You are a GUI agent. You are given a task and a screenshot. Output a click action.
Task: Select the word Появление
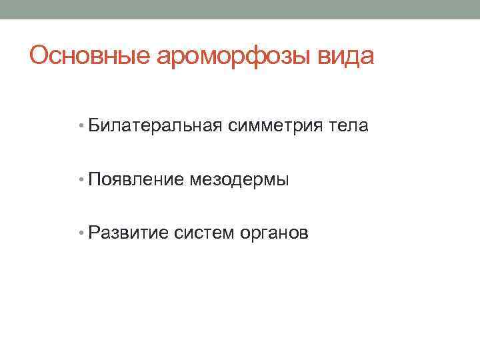[135, 179]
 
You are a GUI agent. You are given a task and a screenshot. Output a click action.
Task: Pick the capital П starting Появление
[94, 179]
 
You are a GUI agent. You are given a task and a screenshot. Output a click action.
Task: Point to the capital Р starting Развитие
[94, 233]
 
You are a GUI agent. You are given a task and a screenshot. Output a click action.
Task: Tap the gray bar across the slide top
[240, 9]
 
